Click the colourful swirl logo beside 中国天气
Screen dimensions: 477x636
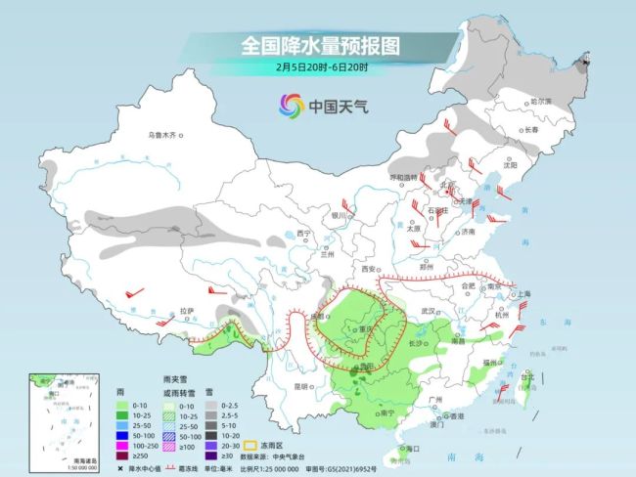coord(291,105)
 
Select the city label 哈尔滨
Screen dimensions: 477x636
coord(541,102)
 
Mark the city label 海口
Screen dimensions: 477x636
coord(412,449)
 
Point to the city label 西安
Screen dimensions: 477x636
coord(369,269)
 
